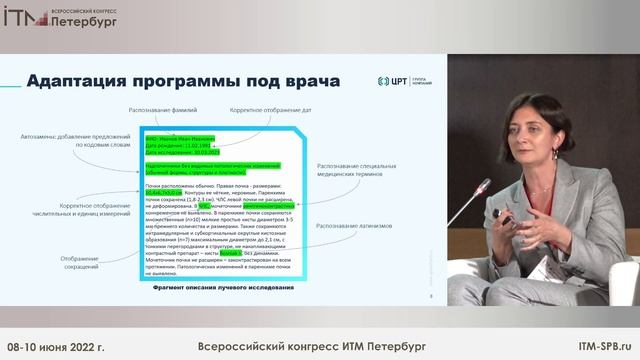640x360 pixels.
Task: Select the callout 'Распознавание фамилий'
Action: tap(160, 107)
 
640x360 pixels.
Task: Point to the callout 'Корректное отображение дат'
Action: tap(268, 107)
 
